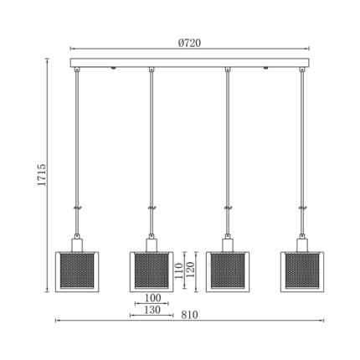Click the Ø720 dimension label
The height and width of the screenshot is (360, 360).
(189, 43)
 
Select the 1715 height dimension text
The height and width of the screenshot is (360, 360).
(42, 175)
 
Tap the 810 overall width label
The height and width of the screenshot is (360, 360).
(189, 315)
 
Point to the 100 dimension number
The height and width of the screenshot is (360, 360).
(152, 298)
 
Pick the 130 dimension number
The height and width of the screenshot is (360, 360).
(152, 310)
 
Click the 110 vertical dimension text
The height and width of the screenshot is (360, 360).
(179, 271)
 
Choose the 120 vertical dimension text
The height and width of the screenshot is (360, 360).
(190, 270)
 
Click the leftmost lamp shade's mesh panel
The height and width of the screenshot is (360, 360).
(77, 270)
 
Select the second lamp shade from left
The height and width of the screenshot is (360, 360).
(152, 272)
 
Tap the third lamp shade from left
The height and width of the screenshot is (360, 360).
(228, 272)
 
